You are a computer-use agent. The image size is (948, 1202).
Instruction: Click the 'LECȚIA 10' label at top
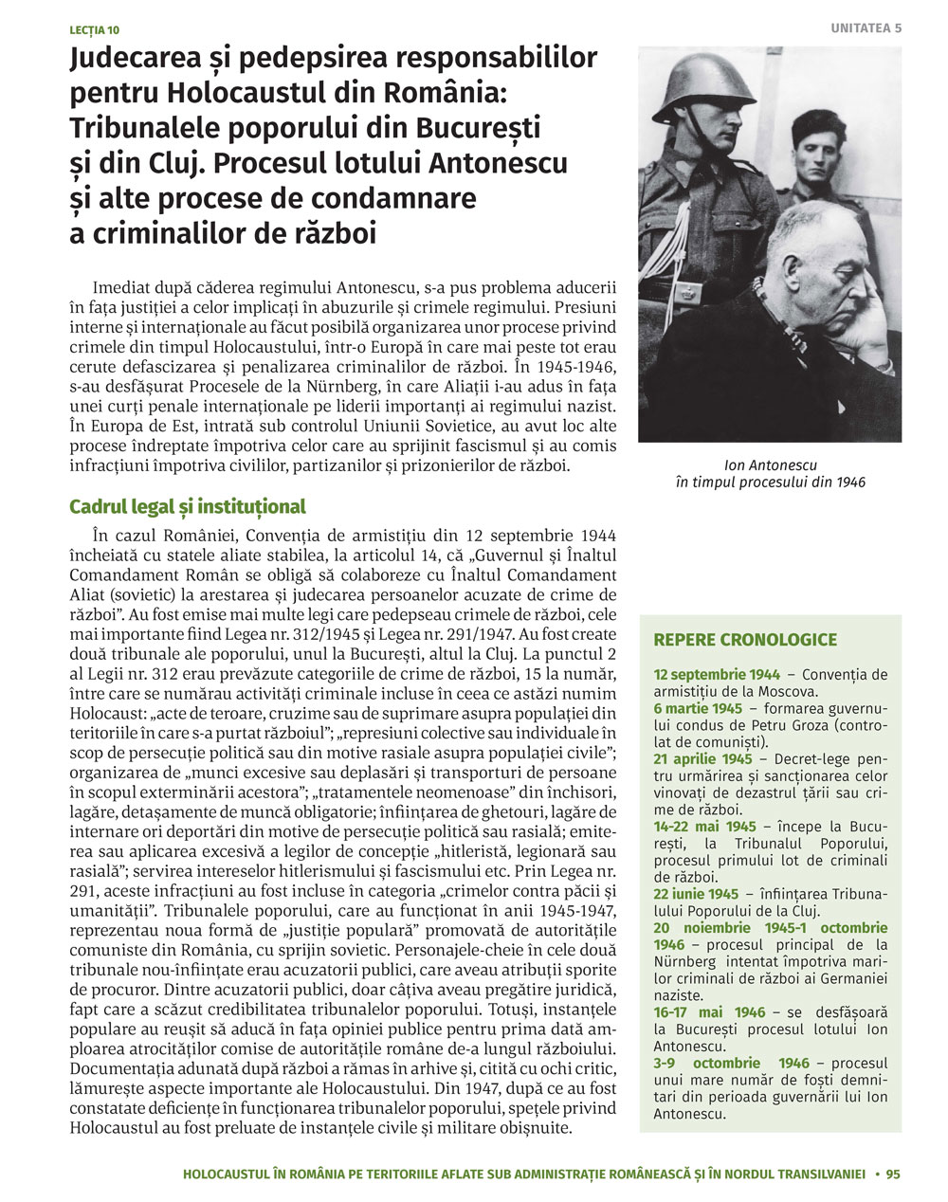point(94,30)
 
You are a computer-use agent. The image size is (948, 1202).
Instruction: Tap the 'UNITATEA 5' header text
point(866,28)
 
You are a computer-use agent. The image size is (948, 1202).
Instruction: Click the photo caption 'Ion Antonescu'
point(770,465)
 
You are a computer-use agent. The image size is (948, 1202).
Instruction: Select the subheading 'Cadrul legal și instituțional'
point(187,507)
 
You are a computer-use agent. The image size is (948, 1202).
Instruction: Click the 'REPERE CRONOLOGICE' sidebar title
point(745,640)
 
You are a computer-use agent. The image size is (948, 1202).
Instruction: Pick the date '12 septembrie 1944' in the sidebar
point(717,675)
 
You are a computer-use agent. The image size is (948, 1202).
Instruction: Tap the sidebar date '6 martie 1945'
point(698,709)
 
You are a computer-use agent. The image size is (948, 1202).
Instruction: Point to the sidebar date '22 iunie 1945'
point(696,894)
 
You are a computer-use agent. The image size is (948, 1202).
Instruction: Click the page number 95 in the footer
point(893,1174)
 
